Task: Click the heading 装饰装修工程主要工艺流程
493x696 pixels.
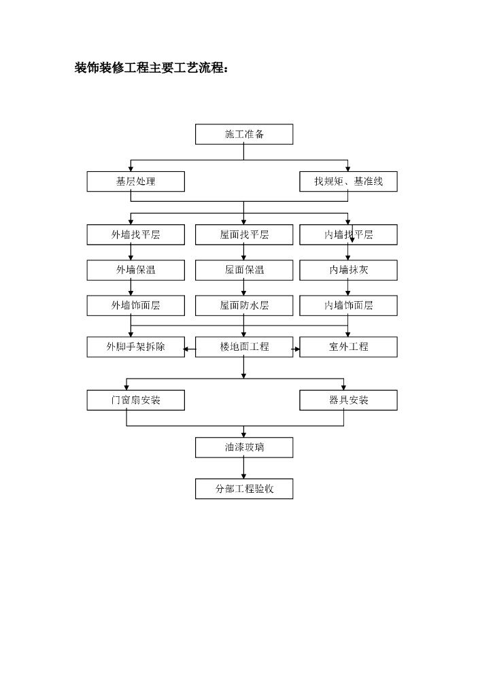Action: click(152, 68)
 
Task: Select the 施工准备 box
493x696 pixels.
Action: click(244, 134)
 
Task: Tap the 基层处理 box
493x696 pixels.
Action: click(135, 181)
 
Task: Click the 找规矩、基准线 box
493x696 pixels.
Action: click(348, 181)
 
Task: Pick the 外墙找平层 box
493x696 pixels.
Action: click(135, 234)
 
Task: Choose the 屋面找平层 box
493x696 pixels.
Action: click(244, 234)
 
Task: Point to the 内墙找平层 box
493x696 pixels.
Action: click(348, 234)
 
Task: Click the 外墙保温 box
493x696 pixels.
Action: click(135, 270)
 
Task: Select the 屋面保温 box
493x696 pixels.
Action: click(244, 270)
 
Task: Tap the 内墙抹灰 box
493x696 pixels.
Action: click(348, 270)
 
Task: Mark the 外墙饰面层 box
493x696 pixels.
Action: click(135, 305)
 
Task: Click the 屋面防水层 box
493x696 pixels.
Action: click(244, 305)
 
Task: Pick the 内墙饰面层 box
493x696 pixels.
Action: click(348, 305)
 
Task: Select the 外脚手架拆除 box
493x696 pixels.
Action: click(135, 347)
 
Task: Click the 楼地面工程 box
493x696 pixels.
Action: click(244, 347)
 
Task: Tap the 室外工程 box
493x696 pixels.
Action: click(348, 347)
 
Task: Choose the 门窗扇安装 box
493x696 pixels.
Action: click(135, 400)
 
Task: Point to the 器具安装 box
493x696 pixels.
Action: click(348, 400)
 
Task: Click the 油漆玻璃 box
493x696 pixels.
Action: click(244, 447)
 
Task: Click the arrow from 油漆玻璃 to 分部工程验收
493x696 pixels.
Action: click(244, 468)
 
